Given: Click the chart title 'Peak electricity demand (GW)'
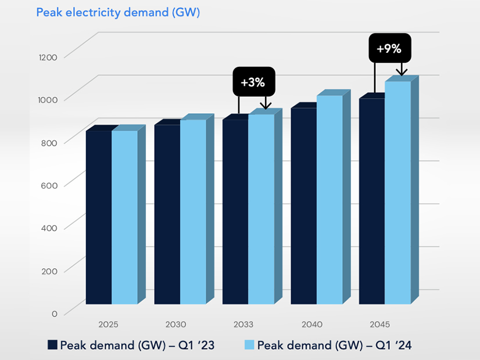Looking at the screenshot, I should click(x=118, y=12).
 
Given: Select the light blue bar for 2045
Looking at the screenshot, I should click(x=397, y=192).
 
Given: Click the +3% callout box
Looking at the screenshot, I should click(x=254, y=82).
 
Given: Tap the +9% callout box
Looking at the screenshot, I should click(x=389, y=48).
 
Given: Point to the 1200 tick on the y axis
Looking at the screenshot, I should click(x=49, y=57).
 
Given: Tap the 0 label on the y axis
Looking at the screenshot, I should click(x=55, y=314).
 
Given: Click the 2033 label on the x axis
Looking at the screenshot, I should click(x=243, y=323).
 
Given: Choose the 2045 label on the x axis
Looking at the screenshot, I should click(x=380, y=323).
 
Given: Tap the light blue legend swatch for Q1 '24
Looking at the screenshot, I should click(x=249, y=345).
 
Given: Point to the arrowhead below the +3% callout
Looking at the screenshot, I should click(x=266, y=106).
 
